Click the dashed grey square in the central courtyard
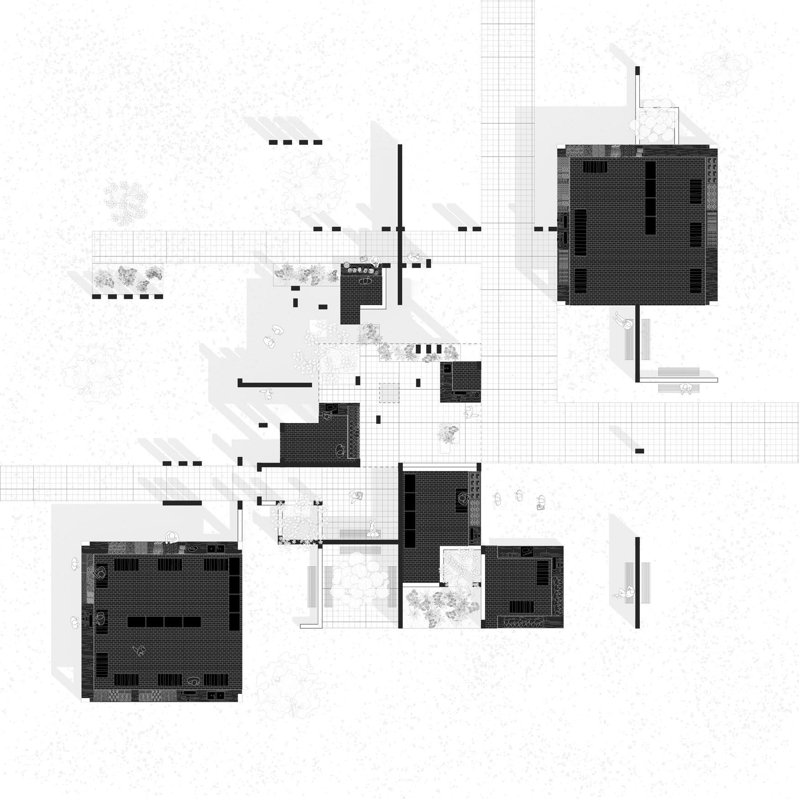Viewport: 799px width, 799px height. coord(389,393)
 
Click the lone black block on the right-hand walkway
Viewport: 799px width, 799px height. coord(640,451)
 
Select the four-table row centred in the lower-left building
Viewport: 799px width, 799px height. coord(164,621)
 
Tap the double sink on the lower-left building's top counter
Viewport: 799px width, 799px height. coord(214,548)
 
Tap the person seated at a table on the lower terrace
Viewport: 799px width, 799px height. coord(355,496)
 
